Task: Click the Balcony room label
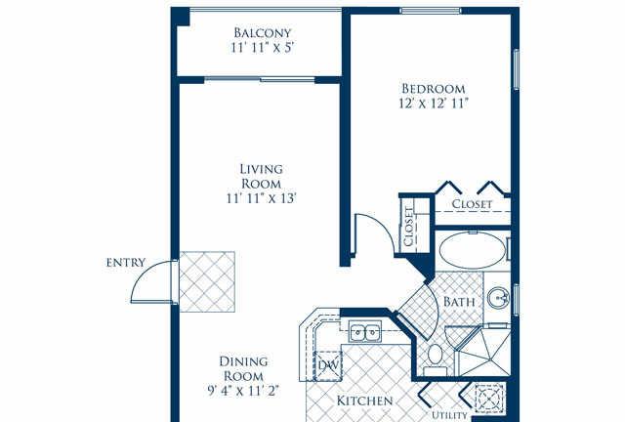click(x=263, y=32)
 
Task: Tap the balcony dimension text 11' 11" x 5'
click(x=263, y=48)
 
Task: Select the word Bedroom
click(x=433, y=88)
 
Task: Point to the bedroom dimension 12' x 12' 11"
click(x=433, y=104)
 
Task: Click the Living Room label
click(x=262, y=176)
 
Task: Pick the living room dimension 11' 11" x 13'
click(x=262, y=198)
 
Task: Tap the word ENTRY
click(x=126, y=263)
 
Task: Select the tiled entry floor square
click(x=207, y=281)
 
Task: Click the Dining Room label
click(x=243, y=369)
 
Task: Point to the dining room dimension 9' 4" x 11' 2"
click(x=243, y=391)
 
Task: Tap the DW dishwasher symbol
click(x=328, y=365)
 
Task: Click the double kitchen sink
click(x=364, y=331)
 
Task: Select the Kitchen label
click(x=364, y=401)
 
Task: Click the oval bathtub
click(x=473, y=250)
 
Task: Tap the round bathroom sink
click(x=499, y=298)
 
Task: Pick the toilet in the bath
click(x=435, y=359)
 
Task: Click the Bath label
click(x=459, y=302)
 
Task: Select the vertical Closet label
click(x=408, y=227)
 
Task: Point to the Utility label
click(x=449, y=415)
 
